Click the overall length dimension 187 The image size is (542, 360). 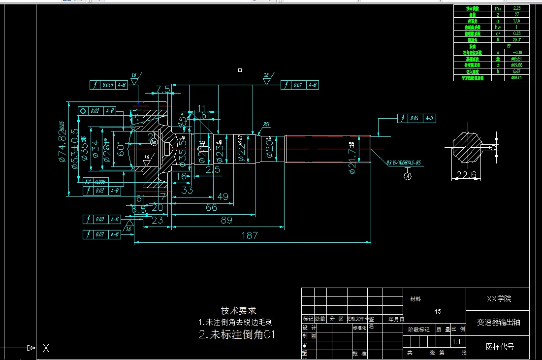click(250, 235)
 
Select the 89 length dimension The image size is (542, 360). click(226, 220)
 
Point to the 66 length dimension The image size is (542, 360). click(211, 208)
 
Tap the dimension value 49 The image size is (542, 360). click(223, 196)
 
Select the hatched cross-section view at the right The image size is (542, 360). click(466, 147)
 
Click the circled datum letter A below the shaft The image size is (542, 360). click(408, 177)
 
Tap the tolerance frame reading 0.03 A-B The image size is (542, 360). click(102, 219)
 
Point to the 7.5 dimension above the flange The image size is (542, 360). click(163, 89)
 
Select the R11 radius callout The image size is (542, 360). click(266, 125)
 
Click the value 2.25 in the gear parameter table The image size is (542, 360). click(516, 8)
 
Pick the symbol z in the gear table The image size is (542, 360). click(498, 15)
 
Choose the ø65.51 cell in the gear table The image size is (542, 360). click(516, 59)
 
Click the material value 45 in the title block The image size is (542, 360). click(438, 311)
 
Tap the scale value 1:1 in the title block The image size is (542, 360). click(456, 341)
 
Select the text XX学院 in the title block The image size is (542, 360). click(499, 299)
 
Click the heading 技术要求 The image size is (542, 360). click(238, 311)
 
